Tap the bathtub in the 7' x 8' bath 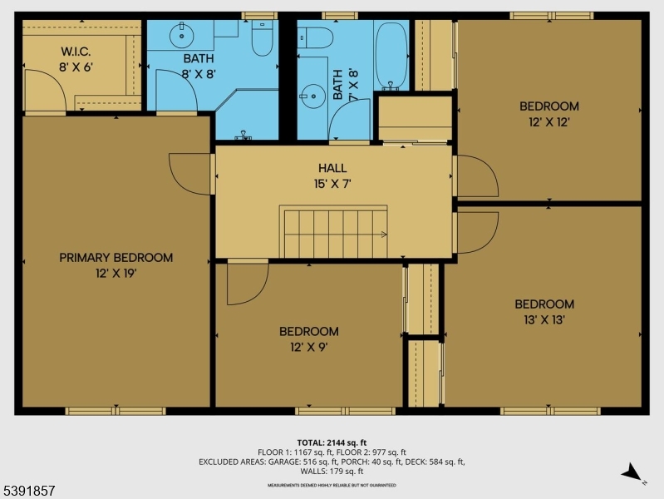[390, 55]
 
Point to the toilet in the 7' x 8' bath [317, 37]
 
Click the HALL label [332, 168]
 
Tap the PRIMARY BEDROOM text [116, 258]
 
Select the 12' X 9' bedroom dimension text [308, 347]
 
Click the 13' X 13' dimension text [543, 319]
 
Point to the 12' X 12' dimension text [548, 121]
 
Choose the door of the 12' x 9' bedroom [248, 283]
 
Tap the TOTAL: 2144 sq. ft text [332, 442]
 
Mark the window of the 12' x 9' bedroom [345, 411]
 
